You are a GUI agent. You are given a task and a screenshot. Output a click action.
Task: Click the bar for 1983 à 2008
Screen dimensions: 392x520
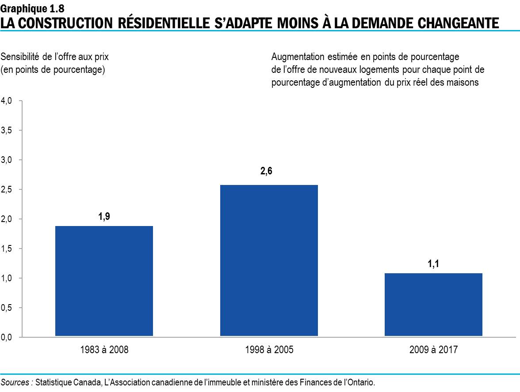[104, 281]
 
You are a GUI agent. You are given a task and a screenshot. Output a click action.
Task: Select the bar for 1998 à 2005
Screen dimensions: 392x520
[269, 260]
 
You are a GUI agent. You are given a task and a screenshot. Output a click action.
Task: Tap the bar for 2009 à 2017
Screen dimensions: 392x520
[433, 305]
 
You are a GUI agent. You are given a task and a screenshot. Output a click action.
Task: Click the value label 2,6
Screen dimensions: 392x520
[266, 172]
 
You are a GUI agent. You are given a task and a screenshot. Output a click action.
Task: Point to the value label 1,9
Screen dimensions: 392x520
[104, 217]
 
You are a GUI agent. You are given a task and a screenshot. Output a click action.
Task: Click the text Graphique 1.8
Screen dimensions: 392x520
[29, 7]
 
